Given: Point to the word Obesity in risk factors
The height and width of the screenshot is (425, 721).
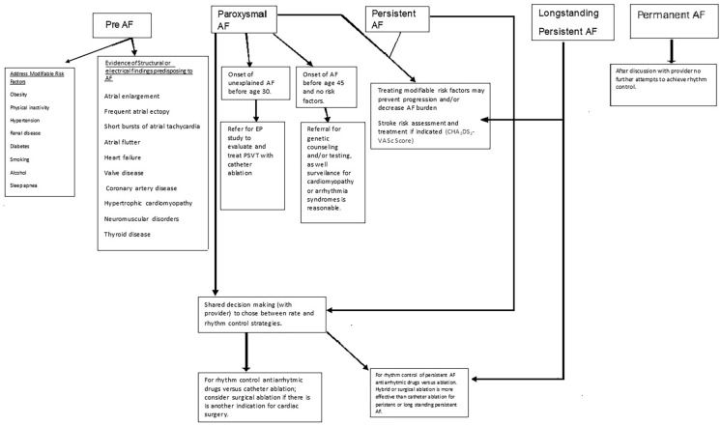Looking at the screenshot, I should pos(18,95).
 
